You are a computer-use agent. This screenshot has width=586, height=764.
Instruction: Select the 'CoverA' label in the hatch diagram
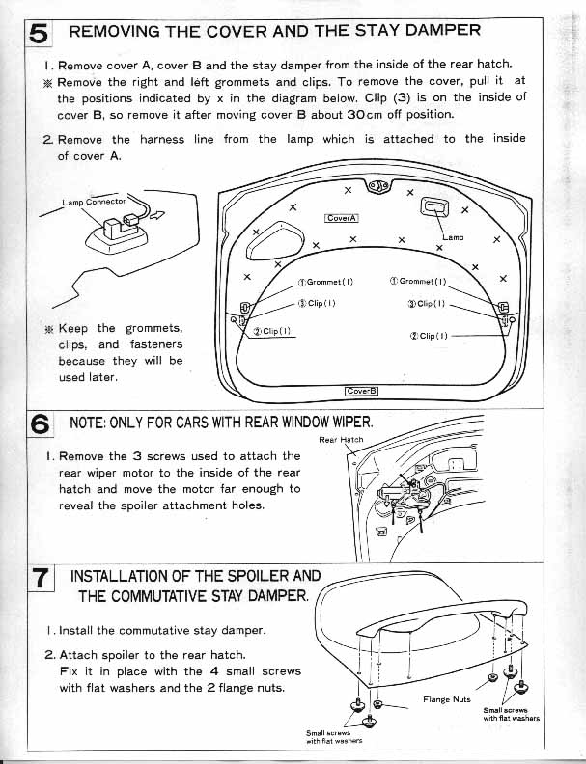342,218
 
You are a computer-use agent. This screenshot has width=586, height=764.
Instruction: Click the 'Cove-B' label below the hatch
363,391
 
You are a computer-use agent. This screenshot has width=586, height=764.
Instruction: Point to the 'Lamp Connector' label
94,201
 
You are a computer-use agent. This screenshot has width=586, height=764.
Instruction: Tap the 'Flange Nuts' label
446,699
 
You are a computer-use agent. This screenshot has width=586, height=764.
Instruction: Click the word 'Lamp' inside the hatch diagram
453,236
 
